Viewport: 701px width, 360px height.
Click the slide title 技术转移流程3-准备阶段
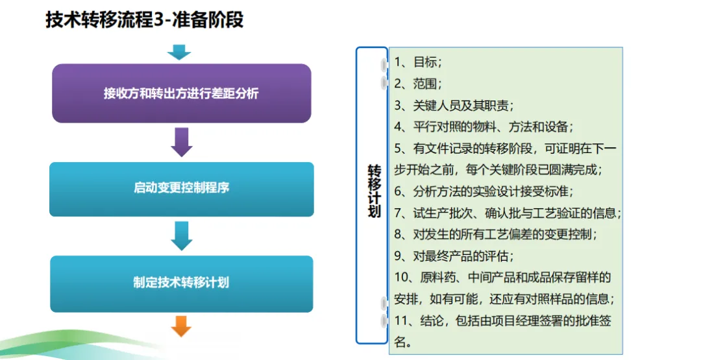click(x=144, y=19)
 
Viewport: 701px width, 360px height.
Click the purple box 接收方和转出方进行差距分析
click(x=181, y=93)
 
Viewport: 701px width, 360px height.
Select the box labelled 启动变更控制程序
click(x=181, y=189)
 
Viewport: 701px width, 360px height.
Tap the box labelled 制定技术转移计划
click(x=181, y=283)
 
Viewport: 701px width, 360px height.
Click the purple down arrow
click(x=182, y=142)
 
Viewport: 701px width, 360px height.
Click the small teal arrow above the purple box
click(x=179, y=52)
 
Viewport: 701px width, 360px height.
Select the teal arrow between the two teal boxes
click(x=182, y=235)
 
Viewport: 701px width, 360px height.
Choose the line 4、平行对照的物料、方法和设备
click(x=483, y=126)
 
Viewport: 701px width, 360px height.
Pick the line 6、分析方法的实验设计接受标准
click(x=483, y=191)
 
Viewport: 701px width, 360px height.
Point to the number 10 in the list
click(x=401, y=278)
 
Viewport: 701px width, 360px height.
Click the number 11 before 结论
click(x=401, y=320)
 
